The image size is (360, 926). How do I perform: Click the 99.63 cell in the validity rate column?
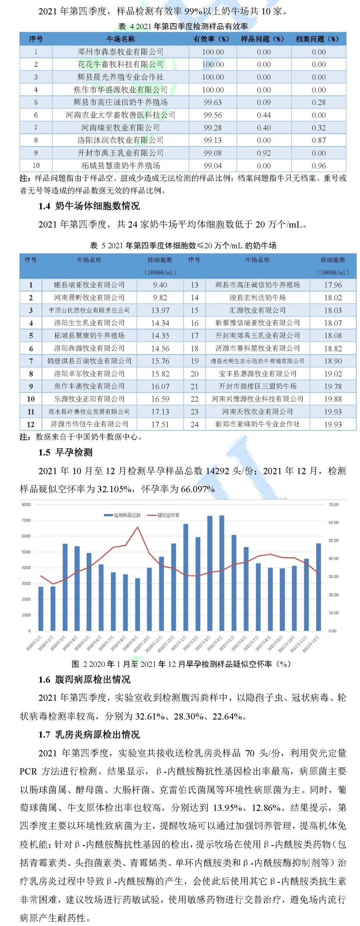coord(212,102)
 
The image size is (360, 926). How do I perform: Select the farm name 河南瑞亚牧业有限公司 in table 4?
coord(120,128)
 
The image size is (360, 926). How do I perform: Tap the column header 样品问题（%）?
coord(263,39)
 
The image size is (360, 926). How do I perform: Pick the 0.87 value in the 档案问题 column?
coord(319,140)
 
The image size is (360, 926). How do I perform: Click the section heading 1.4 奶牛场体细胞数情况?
coord(89,206)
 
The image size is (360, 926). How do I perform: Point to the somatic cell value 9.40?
coord(160,285)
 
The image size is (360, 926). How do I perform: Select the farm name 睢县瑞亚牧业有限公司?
coord(89,285)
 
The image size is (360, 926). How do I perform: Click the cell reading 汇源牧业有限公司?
coord(258,310)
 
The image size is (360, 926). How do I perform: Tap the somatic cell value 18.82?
coord(333,348)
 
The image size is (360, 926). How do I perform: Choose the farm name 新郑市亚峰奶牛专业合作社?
coord(258,424)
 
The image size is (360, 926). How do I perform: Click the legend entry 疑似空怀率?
coord(169,515)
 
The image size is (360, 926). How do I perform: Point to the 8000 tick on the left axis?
coord(26,504)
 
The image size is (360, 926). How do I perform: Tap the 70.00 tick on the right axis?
coord(333,504)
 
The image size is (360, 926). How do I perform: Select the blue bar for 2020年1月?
coord(41,609)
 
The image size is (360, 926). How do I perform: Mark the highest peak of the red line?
coord(137,527)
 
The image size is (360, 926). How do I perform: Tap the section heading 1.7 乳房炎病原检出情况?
coord(89,734)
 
